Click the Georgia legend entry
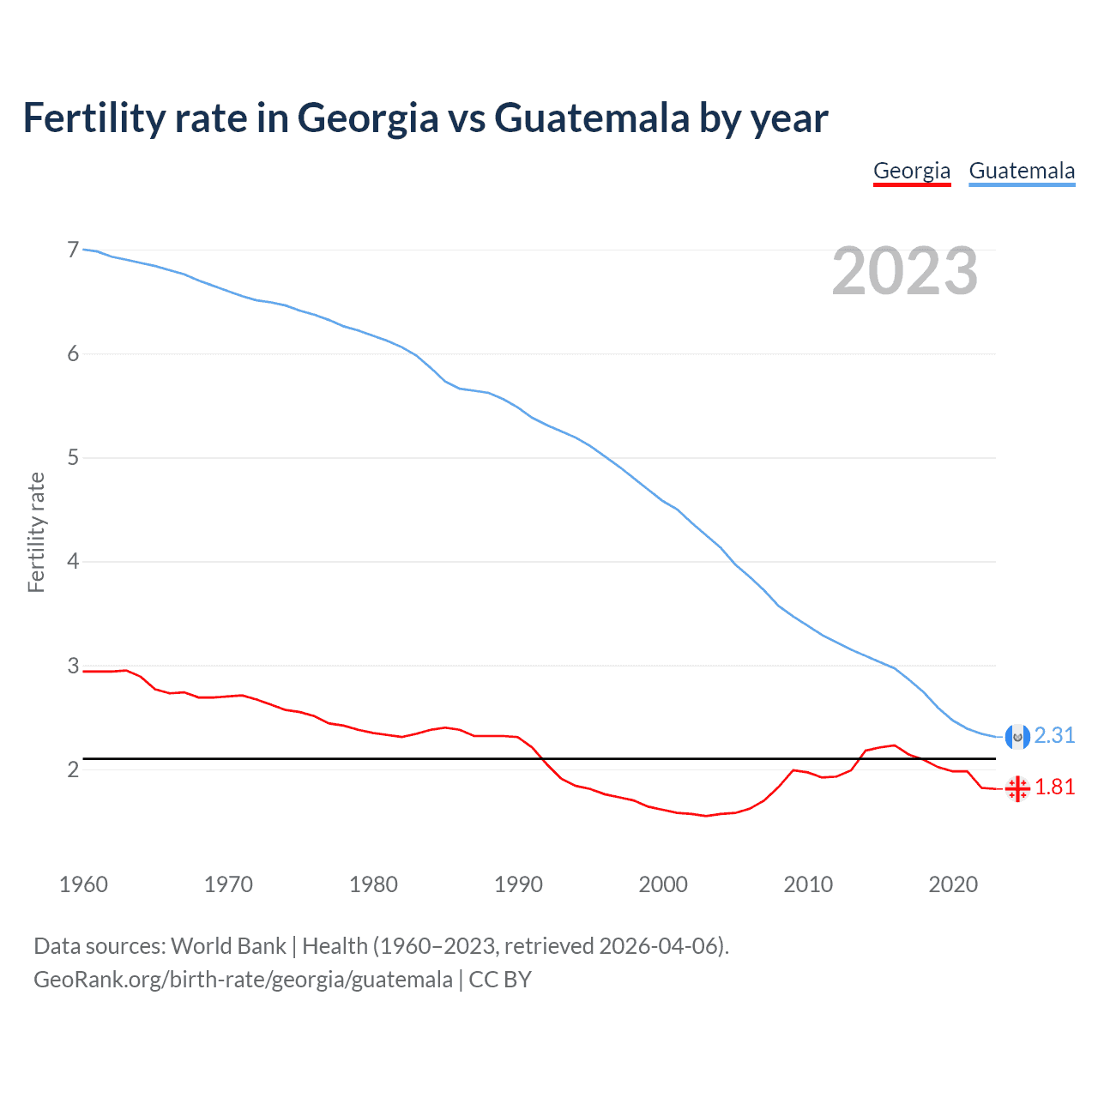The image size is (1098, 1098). (x=912, y=171)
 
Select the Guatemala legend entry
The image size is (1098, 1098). (x=1022, y=171)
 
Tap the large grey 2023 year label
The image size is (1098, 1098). (x=905, y=271)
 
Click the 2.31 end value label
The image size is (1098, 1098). (x=1054, y=736)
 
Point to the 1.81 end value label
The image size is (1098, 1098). (x=1054, y=787)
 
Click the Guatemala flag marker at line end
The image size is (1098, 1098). (x=1017, y=737)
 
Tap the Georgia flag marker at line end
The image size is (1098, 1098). (x=1017, y=788)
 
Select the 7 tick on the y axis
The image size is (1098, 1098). (x=73, y=250)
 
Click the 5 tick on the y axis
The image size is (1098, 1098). (x=73, y=458)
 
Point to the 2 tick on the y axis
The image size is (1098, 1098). (x=73, y=769)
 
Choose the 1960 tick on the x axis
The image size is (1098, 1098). (x=83, y=884)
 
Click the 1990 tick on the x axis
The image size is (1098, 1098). (x=518, y=884)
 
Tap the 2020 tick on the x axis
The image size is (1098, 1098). (x=953, y=884)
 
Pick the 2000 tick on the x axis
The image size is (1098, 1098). (x=663, y=884)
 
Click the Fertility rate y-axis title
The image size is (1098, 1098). (x=36, y=532)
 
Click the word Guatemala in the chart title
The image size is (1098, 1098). (x=592, y=118)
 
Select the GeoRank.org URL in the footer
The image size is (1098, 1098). (x=243, y=980)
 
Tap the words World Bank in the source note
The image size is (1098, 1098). (x=228, y=946)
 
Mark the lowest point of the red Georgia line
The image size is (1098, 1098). (x=706, y=816)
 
